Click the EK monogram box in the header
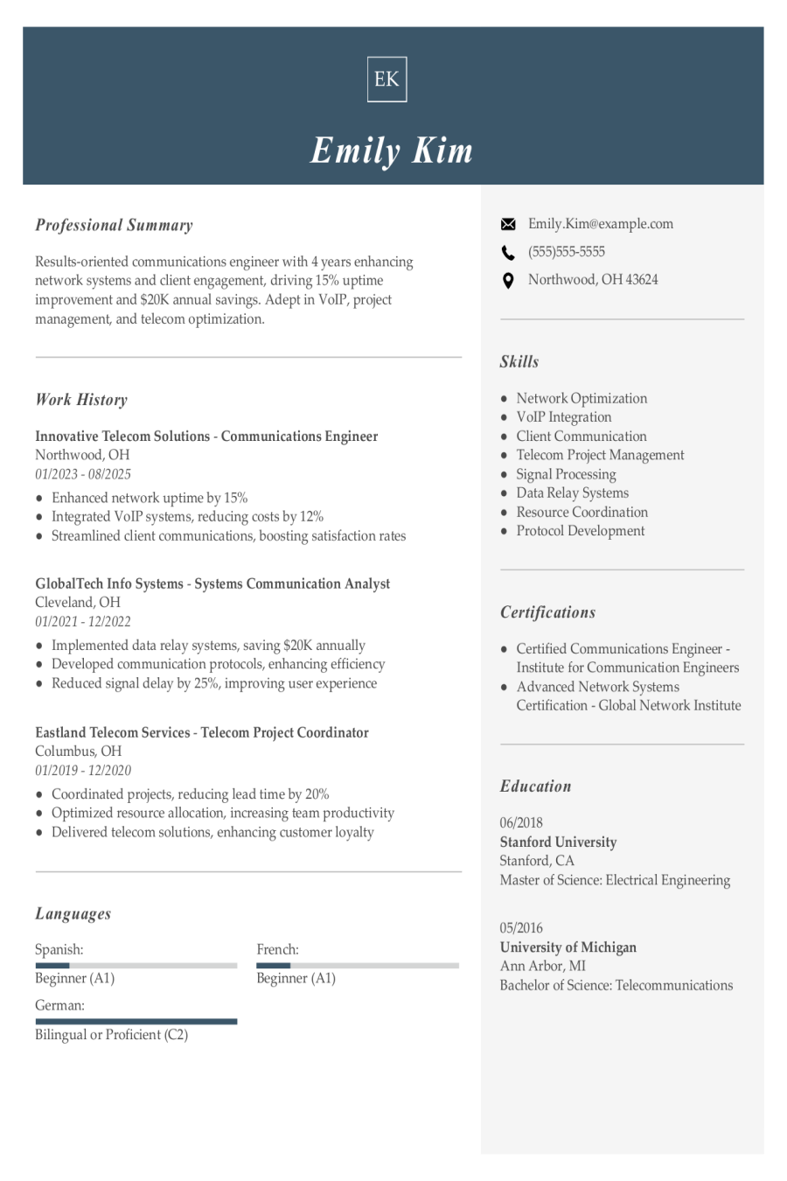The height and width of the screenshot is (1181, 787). [387, 80]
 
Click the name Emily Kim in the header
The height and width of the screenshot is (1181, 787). [392, 150]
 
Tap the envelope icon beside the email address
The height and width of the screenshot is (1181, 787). [508, 225]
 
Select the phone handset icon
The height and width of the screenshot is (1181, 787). [508, 253]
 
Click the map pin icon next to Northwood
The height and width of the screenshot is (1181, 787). [508, 281]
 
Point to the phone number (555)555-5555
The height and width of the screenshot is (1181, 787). [566, 252]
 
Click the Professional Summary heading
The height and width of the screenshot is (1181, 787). [114, 225]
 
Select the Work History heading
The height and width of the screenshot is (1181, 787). [81, 400]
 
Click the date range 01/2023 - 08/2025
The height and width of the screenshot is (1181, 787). [83, 474]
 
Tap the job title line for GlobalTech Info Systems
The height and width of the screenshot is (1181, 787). [212, 584]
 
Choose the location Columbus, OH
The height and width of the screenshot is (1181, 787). [78, 751]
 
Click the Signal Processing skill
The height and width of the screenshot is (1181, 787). [566, 474]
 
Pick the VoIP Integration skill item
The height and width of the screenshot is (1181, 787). [563, 417]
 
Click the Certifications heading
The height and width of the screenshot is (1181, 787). [547, 612]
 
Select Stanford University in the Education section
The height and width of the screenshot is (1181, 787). [558, 842]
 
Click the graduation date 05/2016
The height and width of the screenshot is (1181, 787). [521, 927]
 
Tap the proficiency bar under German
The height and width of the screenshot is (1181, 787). [136, 1021]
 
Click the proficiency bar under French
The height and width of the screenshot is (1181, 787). [357, 966]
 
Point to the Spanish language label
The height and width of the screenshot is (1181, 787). [59, 949]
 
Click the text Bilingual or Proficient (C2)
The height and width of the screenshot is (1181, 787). [111, 1035]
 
